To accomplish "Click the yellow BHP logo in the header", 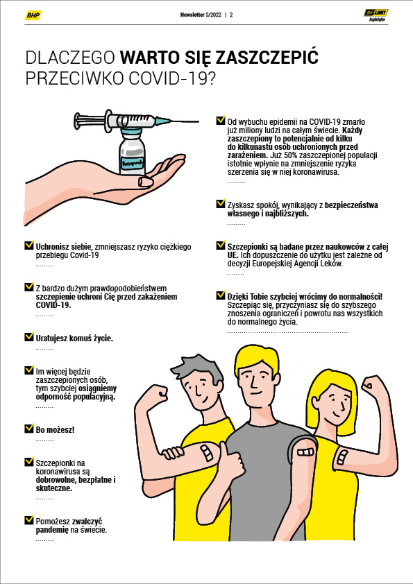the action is point(33,15).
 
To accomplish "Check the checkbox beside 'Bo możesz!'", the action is point(29,429).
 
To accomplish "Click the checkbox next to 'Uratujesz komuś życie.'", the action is point(29,336).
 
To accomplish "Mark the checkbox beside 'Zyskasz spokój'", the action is point(221,204).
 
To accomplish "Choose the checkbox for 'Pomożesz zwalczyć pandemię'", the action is point(29,519).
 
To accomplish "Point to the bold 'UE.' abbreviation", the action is point(233,255).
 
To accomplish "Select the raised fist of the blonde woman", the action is point(374,387).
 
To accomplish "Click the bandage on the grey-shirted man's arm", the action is point(305,452).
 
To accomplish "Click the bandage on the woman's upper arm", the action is point(342,457).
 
